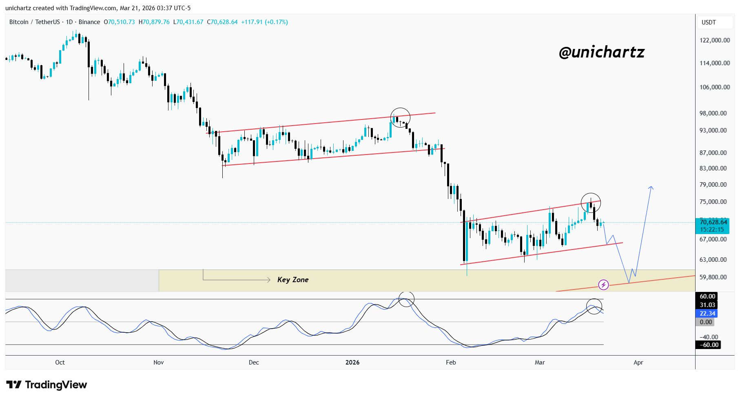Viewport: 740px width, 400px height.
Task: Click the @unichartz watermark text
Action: point(601,52)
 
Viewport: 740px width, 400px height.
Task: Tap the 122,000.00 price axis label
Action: point(715,40)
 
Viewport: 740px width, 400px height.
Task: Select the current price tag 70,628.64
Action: point(713,222)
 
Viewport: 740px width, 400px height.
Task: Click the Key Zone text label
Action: point(292,280)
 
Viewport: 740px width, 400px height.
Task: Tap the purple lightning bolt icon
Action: point(603,285)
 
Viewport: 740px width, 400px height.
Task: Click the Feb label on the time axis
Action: point(451,362)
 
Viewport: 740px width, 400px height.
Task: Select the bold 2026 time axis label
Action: point(352,362)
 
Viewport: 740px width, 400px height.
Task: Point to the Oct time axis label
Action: point(60,362)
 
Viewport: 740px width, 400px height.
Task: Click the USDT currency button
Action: point(709,22)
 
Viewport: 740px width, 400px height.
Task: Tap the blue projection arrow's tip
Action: point(651,187)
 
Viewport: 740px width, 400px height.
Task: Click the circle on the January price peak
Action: point(400,118)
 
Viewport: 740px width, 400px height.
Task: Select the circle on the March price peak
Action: point(591,203)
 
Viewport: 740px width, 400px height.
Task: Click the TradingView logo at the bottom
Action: point(47,385)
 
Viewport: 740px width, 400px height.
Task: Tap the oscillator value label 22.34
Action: point(707,313)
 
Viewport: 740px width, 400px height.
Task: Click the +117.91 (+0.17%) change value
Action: point(264,22)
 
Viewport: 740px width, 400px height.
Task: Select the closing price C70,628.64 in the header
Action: point(222,22)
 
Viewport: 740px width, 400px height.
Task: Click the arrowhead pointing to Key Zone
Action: point(268,280)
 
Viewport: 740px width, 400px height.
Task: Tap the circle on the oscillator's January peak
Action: point(406,299)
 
